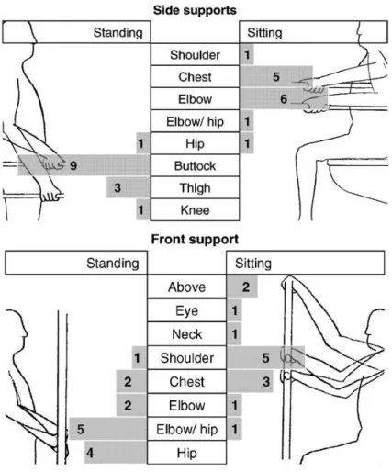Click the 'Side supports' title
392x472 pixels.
[195, 10]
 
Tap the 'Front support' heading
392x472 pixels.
[195, 239]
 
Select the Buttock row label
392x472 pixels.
[195, 166]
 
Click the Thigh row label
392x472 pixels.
[195, 188]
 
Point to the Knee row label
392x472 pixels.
[195, 210]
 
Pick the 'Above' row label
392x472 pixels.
[186, 287]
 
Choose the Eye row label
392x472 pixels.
[186, 311]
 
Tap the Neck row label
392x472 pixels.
[186, 334]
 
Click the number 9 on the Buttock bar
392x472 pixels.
[73, 165]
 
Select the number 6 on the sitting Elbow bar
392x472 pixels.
[284, 99]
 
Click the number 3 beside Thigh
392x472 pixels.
[118, 187]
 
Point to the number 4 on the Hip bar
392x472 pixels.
[90, 453]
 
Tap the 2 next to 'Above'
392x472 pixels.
[246, 287]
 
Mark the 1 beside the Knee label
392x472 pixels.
[140, 210]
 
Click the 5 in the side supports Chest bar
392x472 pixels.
[276, 76]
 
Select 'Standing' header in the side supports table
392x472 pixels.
[118, 32]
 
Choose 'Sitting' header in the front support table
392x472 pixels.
[253, 264]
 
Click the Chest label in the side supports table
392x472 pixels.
[195, 77]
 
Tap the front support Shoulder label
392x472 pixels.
[186, 358]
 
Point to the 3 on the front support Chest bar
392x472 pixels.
[266, 382]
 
